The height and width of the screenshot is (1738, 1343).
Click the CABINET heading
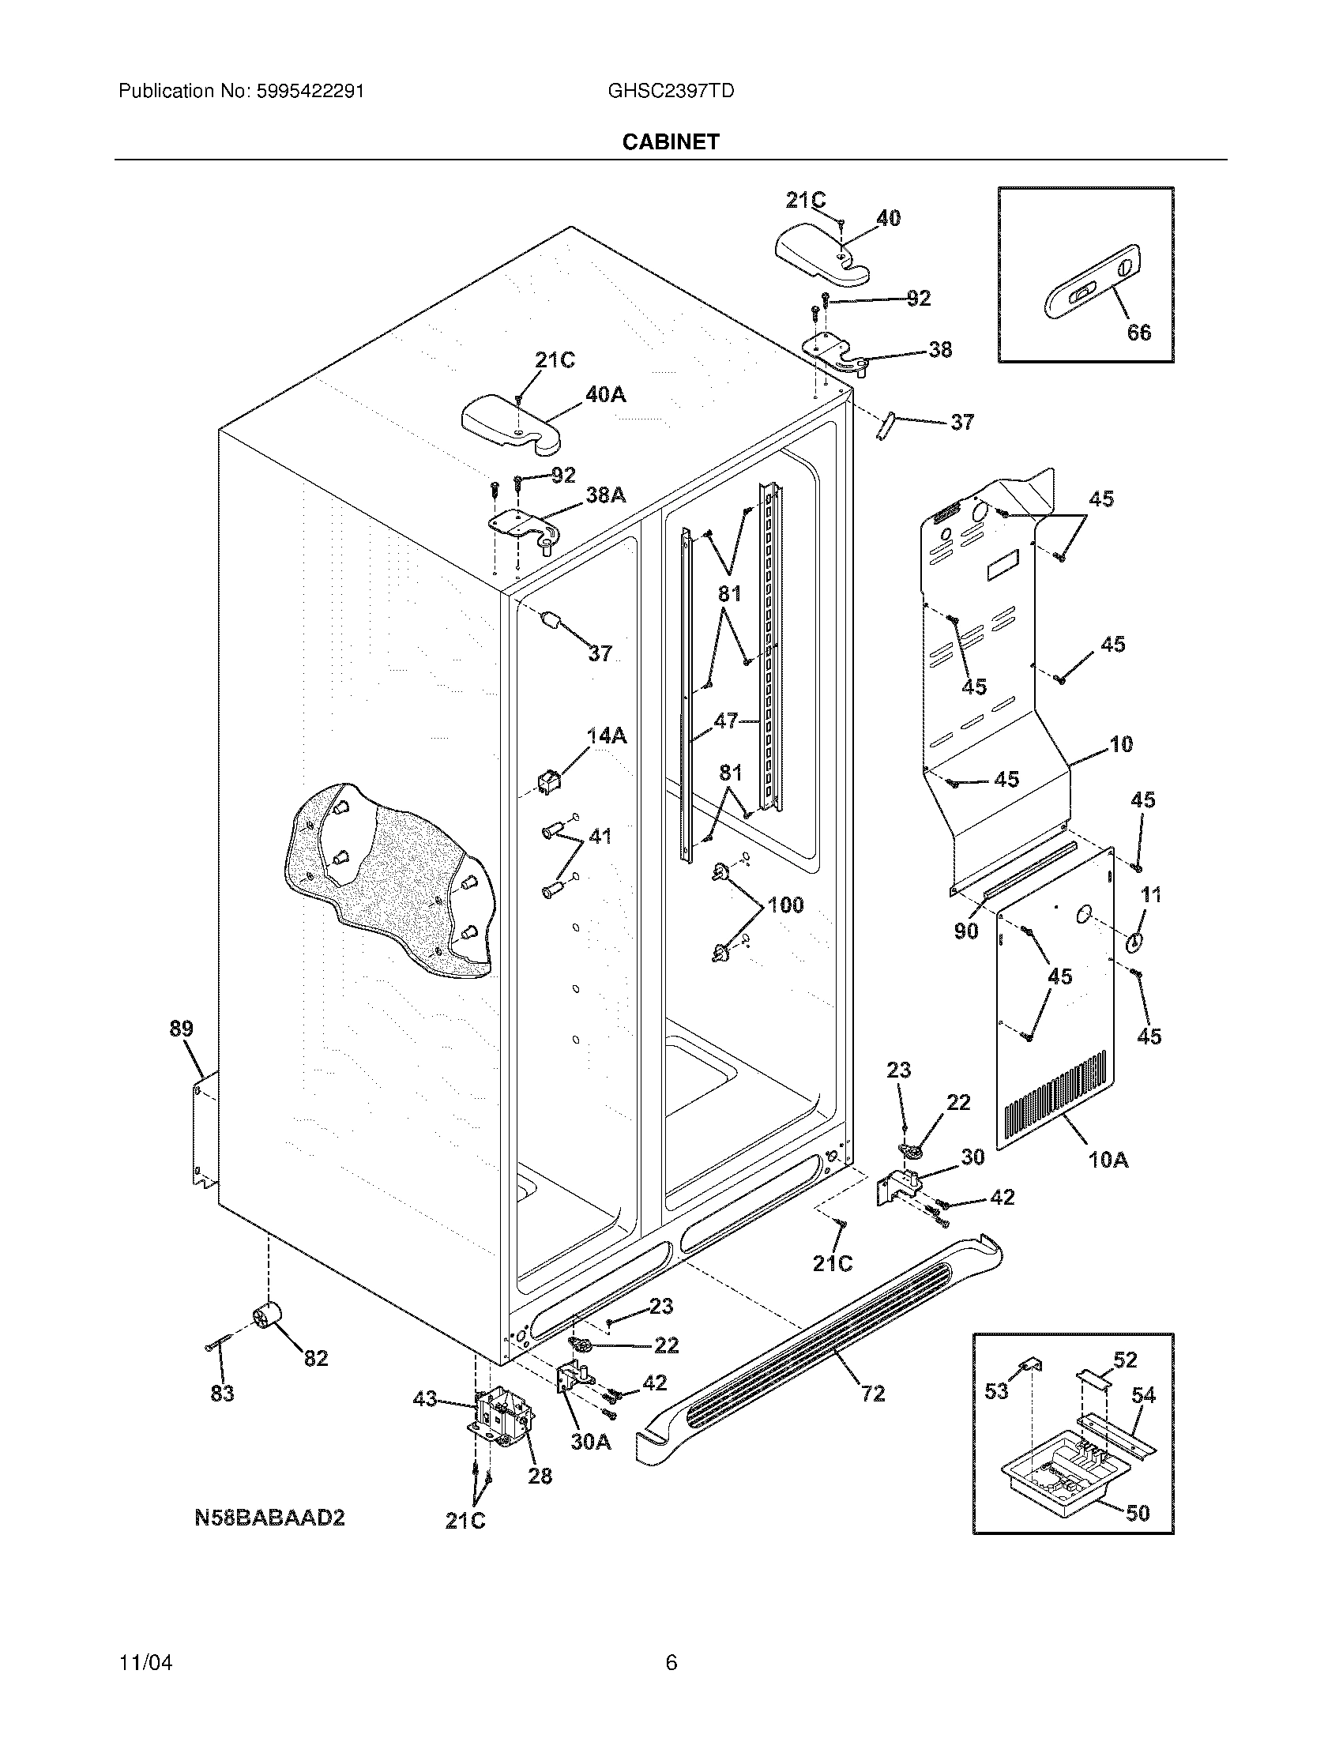[x=670, y=141]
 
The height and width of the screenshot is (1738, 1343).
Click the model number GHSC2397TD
[x=670, y=91]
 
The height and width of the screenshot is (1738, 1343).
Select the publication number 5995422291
[x=310, y=91]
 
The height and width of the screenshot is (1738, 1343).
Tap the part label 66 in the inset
[x=1138, y=332]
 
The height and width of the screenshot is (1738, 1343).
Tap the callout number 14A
[x=606, y=736]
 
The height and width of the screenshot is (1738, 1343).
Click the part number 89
[x=182, y=1028]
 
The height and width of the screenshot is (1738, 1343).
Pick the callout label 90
[x=966, y=931]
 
